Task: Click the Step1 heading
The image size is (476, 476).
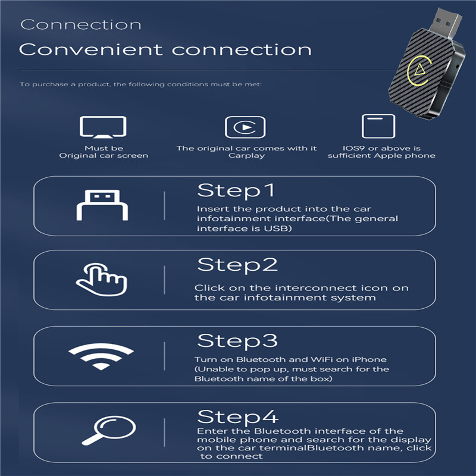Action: point(236,190)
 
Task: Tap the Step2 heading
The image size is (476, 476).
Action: point(237,265)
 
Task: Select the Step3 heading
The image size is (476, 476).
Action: point(237,340)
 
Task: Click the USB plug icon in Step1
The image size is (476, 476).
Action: point(102,205)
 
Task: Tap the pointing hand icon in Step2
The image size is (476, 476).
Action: point(102,279)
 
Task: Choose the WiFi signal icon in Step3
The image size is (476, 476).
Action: point(101,356)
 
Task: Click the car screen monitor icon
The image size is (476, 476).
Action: point(103,127)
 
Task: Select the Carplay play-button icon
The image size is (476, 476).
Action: point(245,127)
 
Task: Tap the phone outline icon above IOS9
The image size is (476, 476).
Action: point(378,126)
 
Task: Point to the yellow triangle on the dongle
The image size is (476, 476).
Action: point(421,70)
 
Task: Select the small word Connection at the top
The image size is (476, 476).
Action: point(81,24)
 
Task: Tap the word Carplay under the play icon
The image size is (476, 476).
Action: point(246,156)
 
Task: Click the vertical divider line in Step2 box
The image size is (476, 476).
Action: point(165,280)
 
